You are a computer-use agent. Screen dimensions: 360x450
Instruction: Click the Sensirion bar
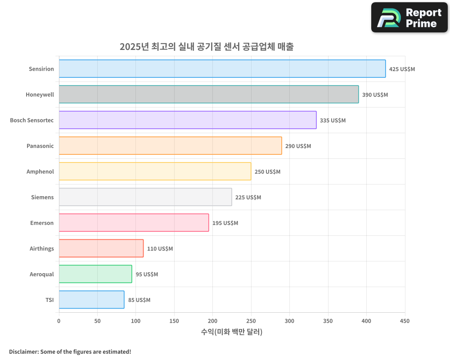(x=222, y=69)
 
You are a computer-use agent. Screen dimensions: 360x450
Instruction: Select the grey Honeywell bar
(x=208, y=94)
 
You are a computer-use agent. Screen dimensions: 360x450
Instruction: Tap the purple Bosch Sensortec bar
(x=187, y=120)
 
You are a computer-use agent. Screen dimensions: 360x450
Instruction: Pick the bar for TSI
(x=91, y=300)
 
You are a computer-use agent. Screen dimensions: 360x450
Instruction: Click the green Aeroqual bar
(x=95, y=274)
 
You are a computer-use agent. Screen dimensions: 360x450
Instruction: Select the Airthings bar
(x=101, y=248)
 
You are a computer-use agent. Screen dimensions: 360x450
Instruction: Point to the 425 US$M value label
(x=402, y=69)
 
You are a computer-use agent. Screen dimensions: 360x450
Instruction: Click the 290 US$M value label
(x=298, y=146)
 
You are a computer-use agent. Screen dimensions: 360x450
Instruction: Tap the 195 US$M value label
(x=225, y=223)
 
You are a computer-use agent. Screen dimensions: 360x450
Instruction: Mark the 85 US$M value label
(x=139, y=300)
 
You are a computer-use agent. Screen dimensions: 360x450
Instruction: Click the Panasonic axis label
(x=40, y=146)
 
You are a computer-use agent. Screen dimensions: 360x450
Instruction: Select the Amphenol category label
(x=40, y=172)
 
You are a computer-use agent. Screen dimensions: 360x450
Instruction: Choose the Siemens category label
(x=42, y=198)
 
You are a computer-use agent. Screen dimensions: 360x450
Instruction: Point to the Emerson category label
(x=42, y=223)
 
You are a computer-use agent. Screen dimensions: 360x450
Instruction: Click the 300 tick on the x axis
(x=289, y=321)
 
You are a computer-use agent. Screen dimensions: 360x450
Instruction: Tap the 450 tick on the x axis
(x=405, y=321)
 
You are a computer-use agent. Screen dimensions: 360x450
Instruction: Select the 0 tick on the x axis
(x=59, y=321)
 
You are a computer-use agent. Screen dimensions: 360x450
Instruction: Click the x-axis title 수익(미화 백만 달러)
(x=232, y=332)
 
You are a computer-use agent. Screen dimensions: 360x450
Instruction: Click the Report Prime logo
(x=409, y=18)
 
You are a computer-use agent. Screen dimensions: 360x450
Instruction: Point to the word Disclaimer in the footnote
(x=23, y=351)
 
